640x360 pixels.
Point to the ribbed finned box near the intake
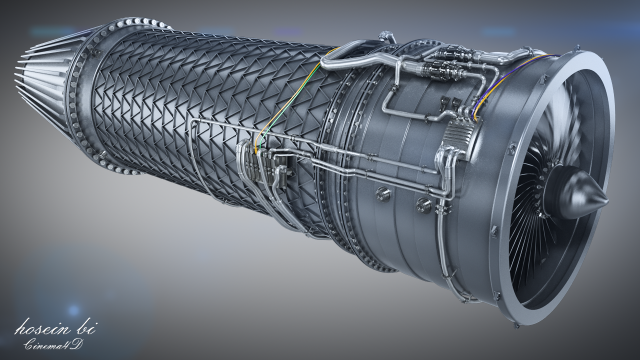460,136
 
